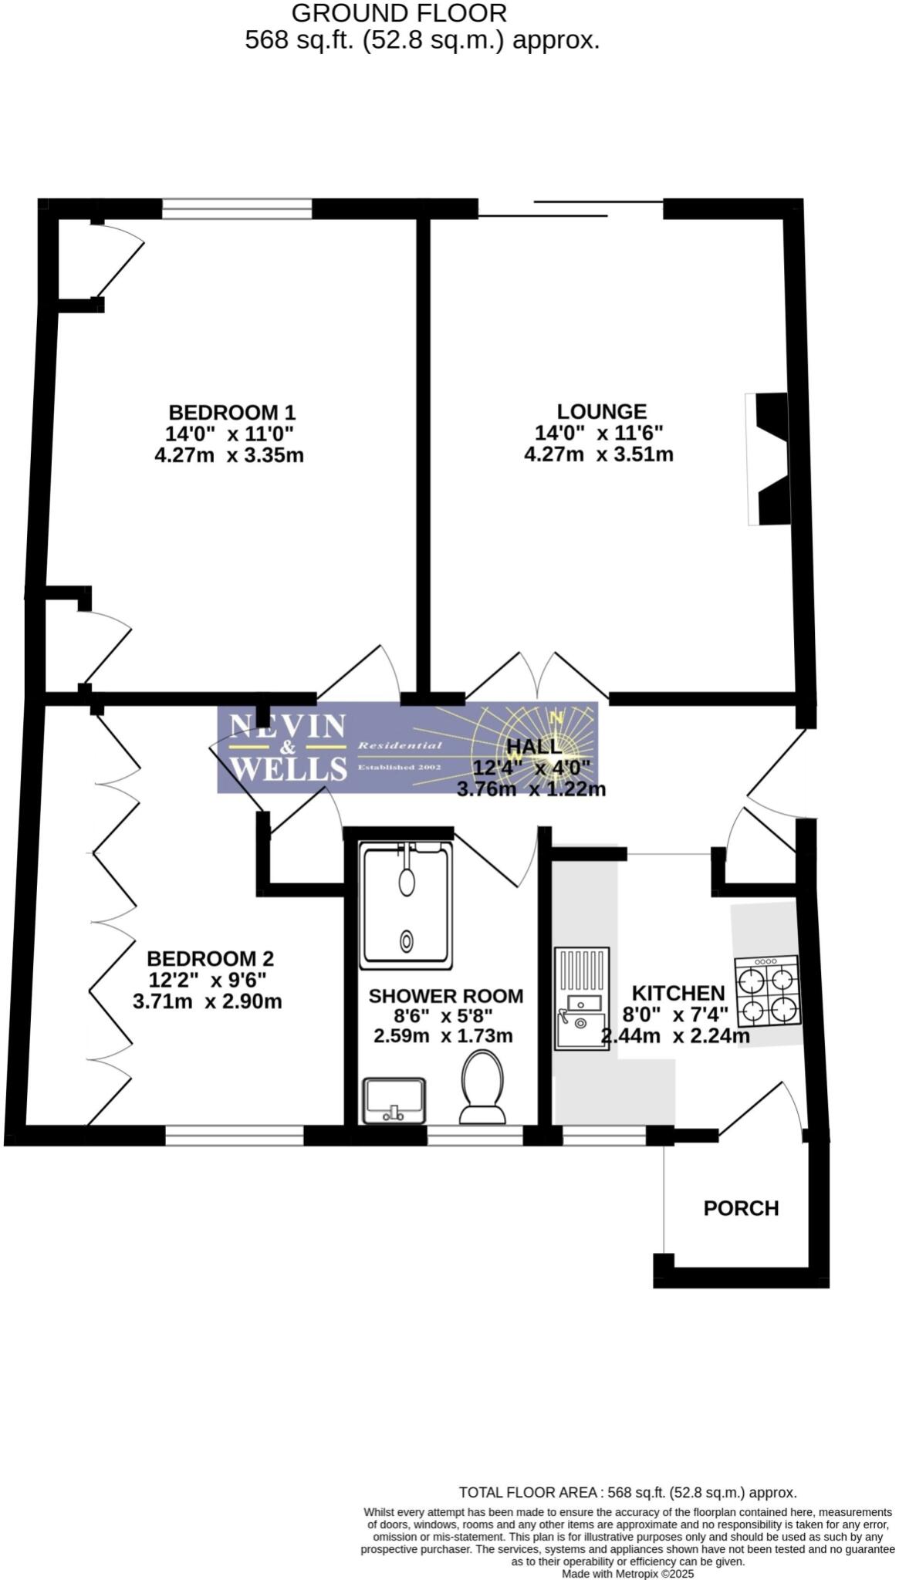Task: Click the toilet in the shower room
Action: point(482,1086)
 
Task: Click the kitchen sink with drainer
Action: point(582,998)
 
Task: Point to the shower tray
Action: point(407,906)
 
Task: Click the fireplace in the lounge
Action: point(769,459)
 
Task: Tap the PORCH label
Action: point(741,1208)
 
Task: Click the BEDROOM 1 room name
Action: point(232,412)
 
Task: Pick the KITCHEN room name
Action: point(678,993)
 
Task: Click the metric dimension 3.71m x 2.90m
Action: point(208,1002)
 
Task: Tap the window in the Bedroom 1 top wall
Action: point(237,208)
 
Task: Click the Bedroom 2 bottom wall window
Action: point(235,1135)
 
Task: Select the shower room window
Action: point(475,1135)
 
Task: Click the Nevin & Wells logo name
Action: point(288,747)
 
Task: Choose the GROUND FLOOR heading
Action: point(399,13)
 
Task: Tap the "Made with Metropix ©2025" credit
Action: point(628,1573)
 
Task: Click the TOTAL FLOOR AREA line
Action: point(627,1492)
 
